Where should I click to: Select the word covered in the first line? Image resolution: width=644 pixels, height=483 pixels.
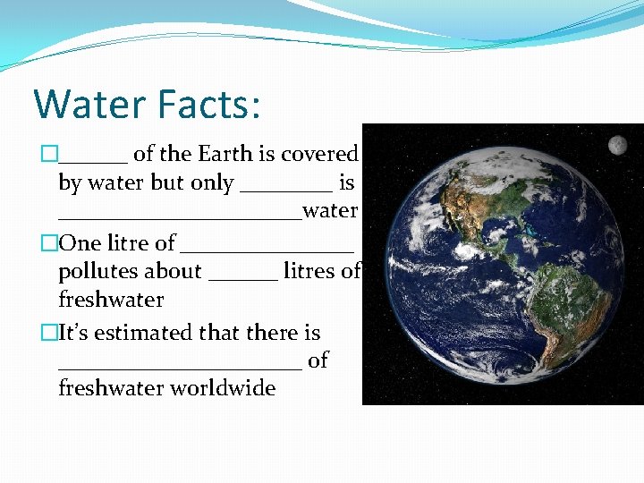click(x=319, y=154)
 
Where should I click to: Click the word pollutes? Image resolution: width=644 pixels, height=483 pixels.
click(x=130, y=271)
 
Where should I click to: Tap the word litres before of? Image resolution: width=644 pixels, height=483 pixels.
click(x=309, y=271)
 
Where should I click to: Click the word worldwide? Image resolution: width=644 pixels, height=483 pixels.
click(x=223, y=388)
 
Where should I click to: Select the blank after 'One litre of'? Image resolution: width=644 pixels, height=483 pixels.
click(x=267, y=250)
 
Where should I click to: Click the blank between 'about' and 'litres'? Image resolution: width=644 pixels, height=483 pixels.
click(x=242, y=278)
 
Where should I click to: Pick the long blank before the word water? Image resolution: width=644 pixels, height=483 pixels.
click(x=180, y=218)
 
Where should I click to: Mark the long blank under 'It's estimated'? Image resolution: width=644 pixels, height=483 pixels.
click(x=180, y=368)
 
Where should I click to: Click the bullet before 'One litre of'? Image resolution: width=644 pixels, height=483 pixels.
click(x=49, y=243)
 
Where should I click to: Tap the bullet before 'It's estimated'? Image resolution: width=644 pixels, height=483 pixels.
click(x=49, y=333)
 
